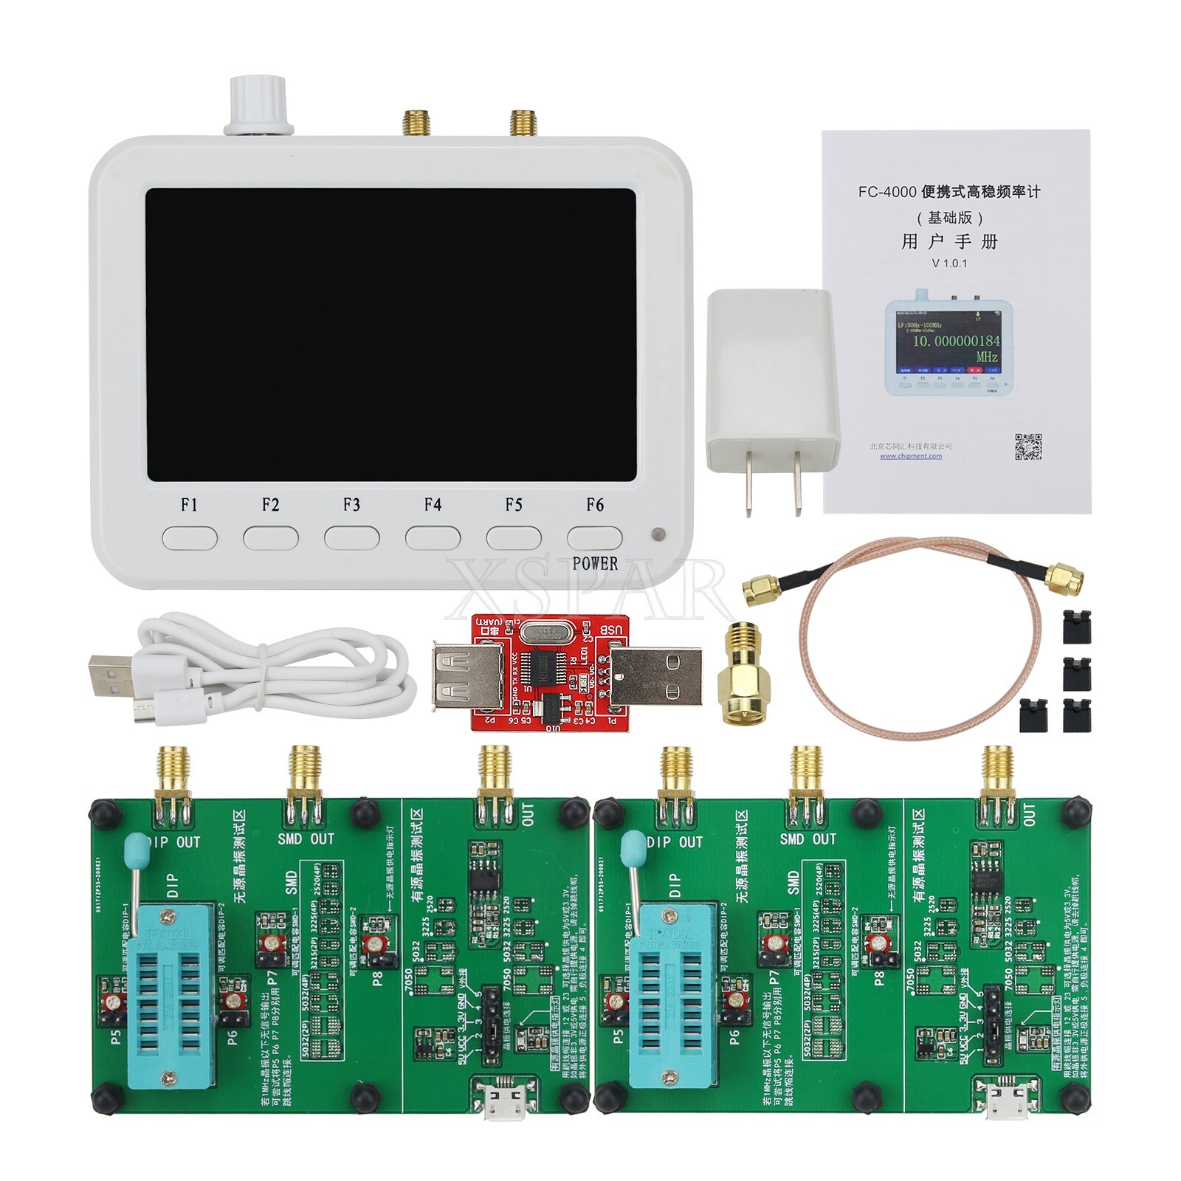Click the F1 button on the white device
pos(190,537)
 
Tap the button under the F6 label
pos(594,537)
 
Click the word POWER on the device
pos(595,564)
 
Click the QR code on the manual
pos(1028,447)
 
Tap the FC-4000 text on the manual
pos(886,192)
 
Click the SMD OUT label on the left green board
pos(306,839)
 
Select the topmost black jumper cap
pos(1077,626)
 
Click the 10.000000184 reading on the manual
pos(956,341)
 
